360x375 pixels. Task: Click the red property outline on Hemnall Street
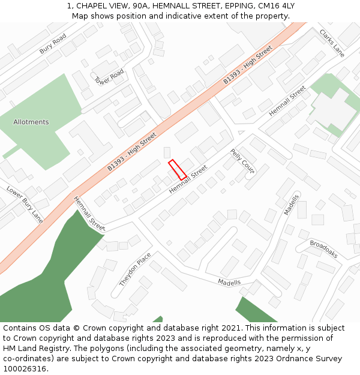pos(177,170)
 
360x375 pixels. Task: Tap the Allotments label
pos(31,122)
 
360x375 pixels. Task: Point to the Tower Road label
pos(109,77)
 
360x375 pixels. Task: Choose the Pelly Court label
pos(242,161)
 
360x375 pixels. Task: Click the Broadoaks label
pos(323,249)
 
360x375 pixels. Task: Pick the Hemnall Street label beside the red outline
pos(188,179)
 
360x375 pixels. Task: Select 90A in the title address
pos(140,6)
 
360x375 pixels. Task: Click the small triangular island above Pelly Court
pos(241,133)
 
